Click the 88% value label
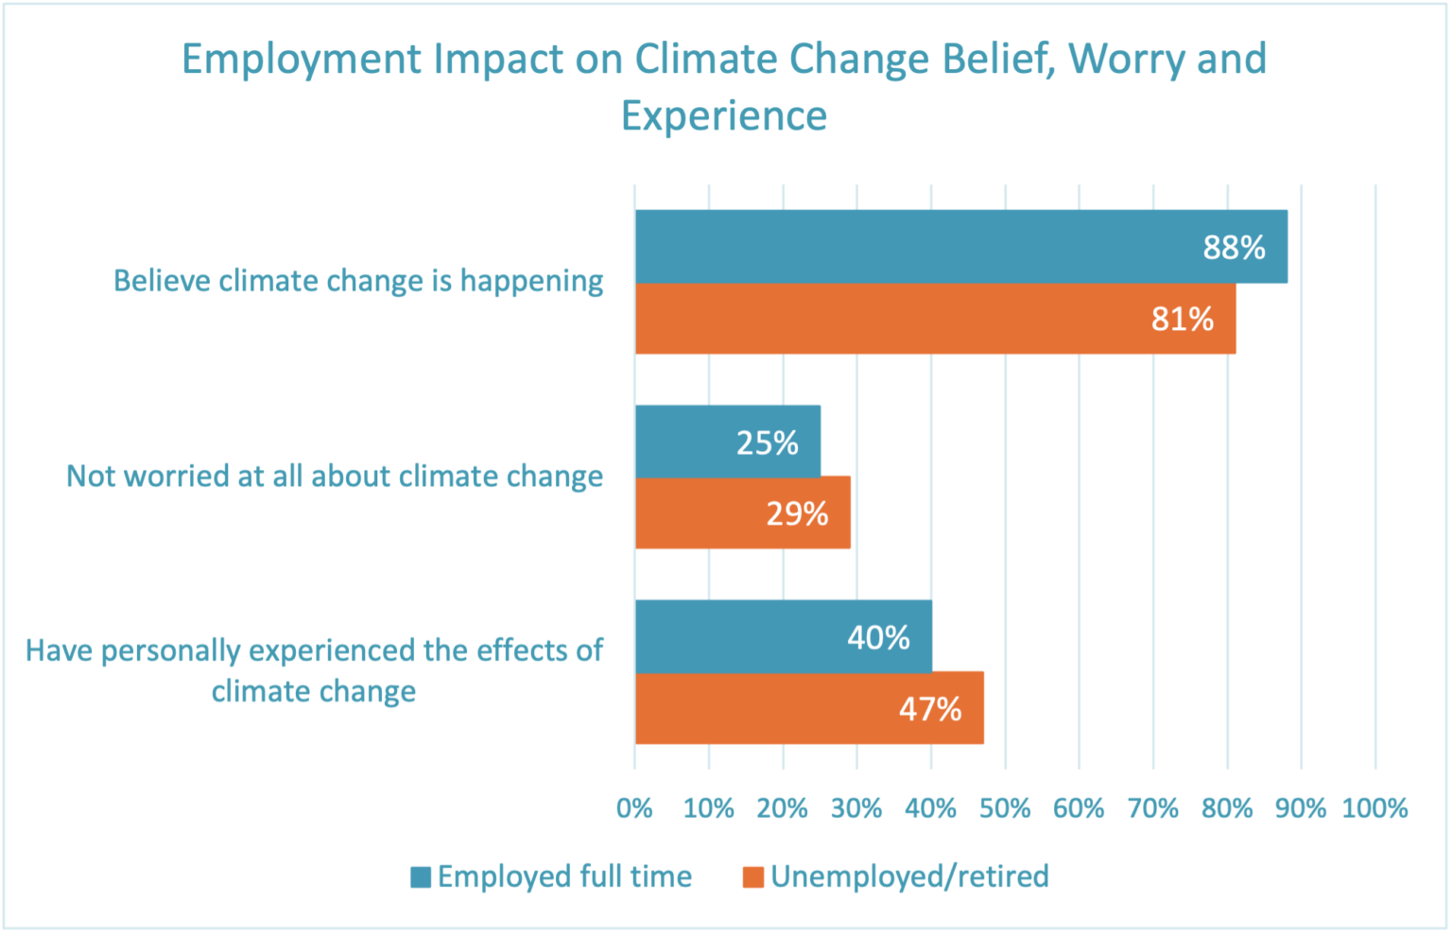coord(1234,248)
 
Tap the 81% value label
coord(1182,320)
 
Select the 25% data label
coord(767,442)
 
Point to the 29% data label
coord(797,514)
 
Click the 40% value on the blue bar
coord(878,638)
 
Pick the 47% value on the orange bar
coord(930,709)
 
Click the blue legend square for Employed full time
coord(421,877)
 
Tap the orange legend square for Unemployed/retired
coord(753,877)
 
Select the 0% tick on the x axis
coord(634,808)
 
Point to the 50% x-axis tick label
coord(1005,808)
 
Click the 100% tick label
coord(1374,808)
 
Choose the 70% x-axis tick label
coord(1153,808)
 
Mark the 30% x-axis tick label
coord(856,808)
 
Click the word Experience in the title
coord(724,116)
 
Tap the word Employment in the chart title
coord(301,59)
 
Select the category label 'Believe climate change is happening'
coord(358,281)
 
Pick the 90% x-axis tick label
coord(1301,808)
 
